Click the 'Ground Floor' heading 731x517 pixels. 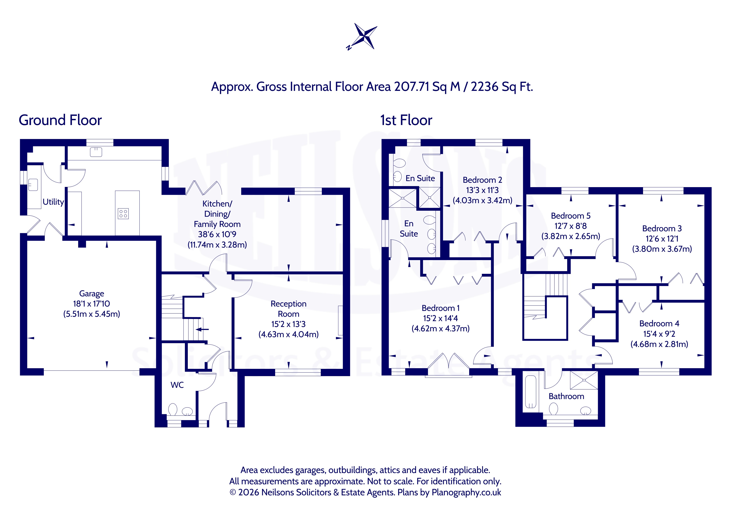tap(60, 120)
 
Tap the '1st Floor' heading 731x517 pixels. tap(406, 120)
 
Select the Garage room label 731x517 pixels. tap(92, 294)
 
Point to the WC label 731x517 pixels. tap(177, 385)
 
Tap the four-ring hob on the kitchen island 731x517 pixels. tap(123, 214)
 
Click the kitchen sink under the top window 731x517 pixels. tap(96, 152)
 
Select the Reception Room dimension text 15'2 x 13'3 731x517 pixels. tap(288, 324)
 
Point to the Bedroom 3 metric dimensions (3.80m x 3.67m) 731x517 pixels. tap(662, 249)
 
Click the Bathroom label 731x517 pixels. tap(566, 396)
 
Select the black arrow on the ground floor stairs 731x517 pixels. tap(202, 329)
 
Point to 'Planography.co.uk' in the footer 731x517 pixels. tap(466, 492)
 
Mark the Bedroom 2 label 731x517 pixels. tap(482, 180)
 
